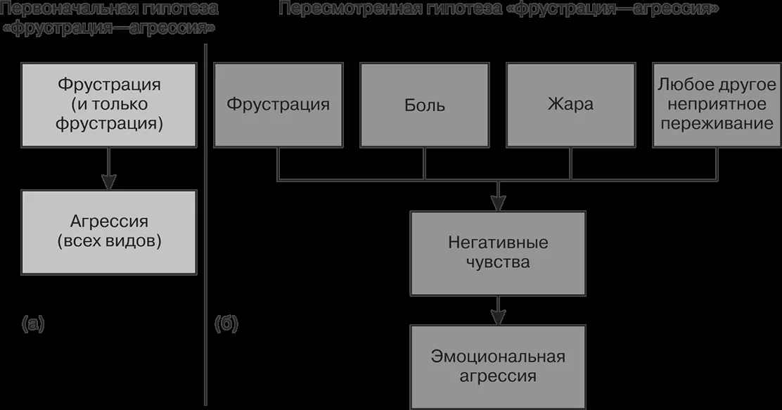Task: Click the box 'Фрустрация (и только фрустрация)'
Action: coord(109,105)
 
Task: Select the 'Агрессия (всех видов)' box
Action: coord(109,232)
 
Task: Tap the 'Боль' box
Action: coord(425,105)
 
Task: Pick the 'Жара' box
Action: coord(570,105)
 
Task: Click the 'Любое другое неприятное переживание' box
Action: coord(717,105)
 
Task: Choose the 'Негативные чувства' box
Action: coord(498,253)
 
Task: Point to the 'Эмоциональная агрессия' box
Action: coord(498,367)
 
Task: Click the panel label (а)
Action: coord(34,323)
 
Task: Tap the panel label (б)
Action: coord(226,323)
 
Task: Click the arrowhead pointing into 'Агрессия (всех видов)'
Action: coord(109,181)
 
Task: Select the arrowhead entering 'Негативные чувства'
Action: coord(498,203)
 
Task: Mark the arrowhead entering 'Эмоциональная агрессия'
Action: coord(498,317)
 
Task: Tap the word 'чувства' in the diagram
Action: coord(498,262)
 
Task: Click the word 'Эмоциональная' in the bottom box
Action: coord(498,357)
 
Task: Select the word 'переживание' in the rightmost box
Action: coord(717,123)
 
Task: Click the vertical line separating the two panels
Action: coord(205,224)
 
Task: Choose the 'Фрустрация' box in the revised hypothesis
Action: coord(278,105)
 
